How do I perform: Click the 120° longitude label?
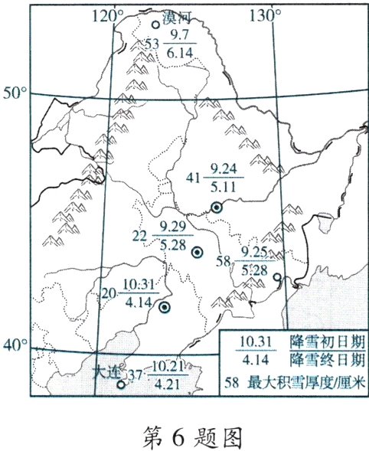tap(107, 13)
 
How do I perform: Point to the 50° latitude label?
tap(15, 93)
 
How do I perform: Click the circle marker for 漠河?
tap(155, 25)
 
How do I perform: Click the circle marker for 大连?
tap(120, 385)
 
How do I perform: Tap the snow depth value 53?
tap(152, 44)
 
